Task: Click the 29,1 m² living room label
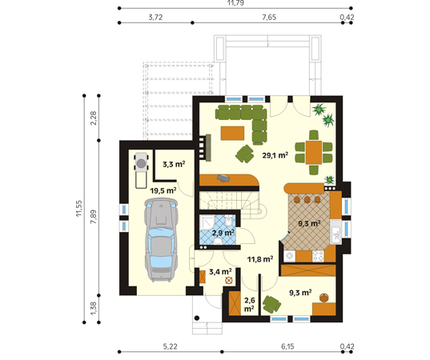275,155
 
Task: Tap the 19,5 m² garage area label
163,190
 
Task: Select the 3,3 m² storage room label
174,164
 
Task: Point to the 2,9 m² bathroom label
223,233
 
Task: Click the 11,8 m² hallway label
260,259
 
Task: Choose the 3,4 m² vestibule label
220,271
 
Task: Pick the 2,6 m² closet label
249,304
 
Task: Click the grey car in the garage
161,239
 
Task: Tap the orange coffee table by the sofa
232,133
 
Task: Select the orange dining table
314,153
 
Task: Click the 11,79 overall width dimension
235,3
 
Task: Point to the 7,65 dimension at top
269,18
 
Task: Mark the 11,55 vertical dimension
79,209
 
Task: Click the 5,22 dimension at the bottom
170,346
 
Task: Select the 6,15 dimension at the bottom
287,346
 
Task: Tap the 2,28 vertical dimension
94,118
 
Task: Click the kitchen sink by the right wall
336,231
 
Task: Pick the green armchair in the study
271,304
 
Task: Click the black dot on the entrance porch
197,318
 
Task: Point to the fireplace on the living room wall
205,148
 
